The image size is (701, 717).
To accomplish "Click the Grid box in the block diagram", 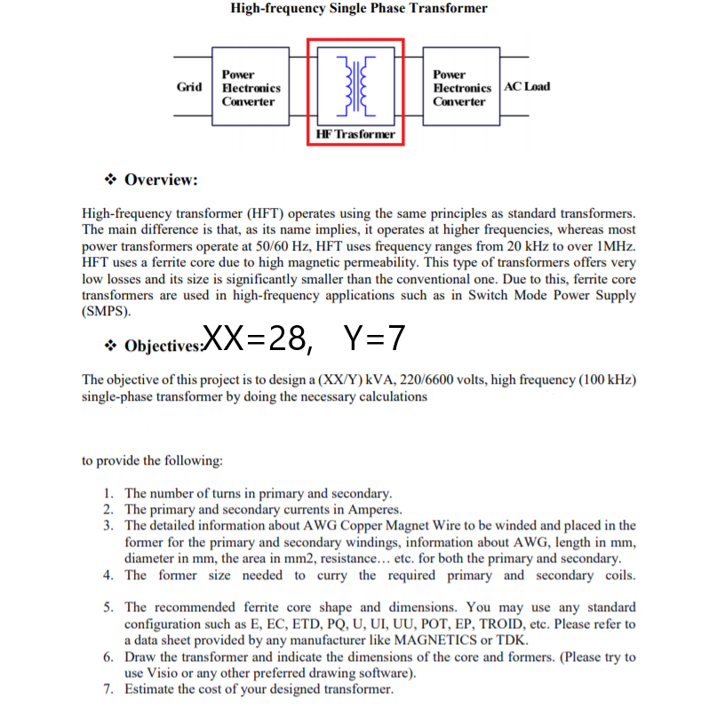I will [189, 87].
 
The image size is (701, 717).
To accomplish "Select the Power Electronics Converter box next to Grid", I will [251, 88].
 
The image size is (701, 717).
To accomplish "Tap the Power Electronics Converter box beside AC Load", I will [461, 88].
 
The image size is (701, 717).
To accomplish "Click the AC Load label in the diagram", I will [527, 86].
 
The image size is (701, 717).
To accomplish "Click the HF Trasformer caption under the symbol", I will [355, 134].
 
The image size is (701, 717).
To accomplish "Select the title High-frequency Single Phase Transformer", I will [359, 9].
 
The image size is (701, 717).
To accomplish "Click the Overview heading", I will [161, 180].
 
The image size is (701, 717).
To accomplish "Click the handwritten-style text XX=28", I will [257, 339].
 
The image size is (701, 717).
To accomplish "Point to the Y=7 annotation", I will [374, 339].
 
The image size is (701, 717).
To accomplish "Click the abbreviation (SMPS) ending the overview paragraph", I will [106, 312].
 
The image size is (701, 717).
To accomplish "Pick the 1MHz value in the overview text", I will [612, 246].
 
